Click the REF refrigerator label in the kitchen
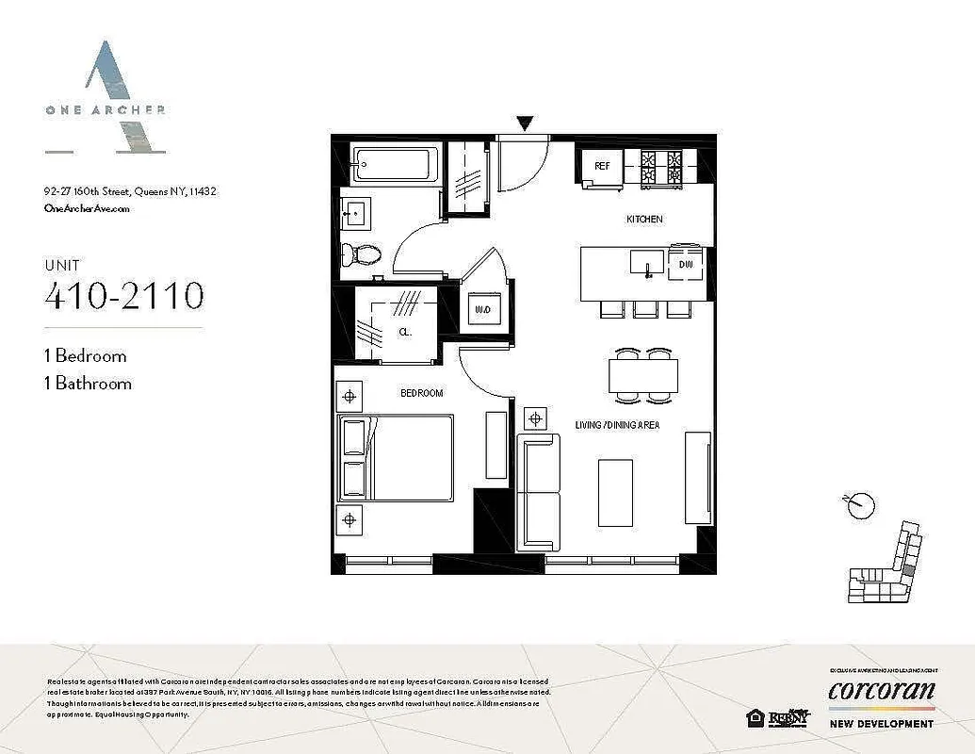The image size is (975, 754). tap(600, 167)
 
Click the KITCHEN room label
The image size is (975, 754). tap(645, 219)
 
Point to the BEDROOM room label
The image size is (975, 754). tap(421, 392)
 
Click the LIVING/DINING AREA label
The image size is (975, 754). tap(617, 425)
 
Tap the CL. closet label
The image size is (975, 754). tap(404, 332)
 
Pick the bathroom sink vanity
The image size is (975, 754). tap(357, 214)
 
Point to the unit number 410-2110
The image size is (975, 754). tap(123, 295)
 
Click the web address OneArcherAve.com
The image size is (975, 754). tap(87, 209)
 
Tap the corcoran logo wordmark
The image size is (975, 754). tap(882, 692)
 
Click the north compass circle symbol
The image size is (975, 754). tap(859, 506)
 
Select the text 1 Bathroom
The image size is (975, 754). tap(88, 383)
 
